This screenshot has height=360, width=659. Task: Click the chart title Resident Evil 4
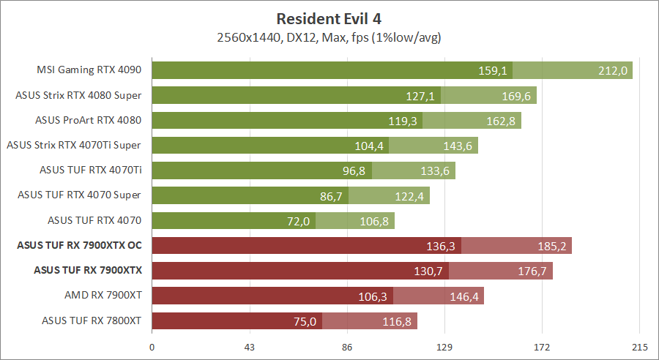pos(329,18)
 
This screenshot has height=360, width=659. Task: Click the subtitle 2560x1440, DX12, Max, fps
pos(329,37)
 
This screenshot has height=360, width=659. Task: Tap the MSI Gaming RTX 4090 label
pos(89,70)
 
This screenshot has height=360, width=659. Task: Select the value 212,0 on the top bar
pos(613,71)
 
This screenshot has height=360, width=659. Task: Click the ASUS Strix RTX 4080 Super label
pos(78,95)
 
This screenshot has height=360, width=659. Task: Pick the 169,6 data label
pos(517,96)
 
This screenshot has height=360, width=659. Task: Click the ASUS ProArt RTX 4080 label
pos(87,120)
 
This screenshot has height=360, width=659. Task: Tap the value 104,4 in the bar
pos(369,146)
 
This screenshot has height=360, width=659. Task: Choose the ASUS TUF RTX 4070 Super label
pos(79,195)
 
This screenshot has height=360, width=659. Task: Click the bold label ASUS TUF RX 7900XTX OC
pos(79,245)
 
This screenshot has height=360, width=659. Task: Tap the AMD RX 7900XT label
pos(103,295)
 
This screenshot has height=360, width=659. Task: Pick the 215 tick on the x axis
pos(640,346)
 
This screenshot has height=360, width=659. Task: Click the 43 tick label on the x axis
pos(250,346)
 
